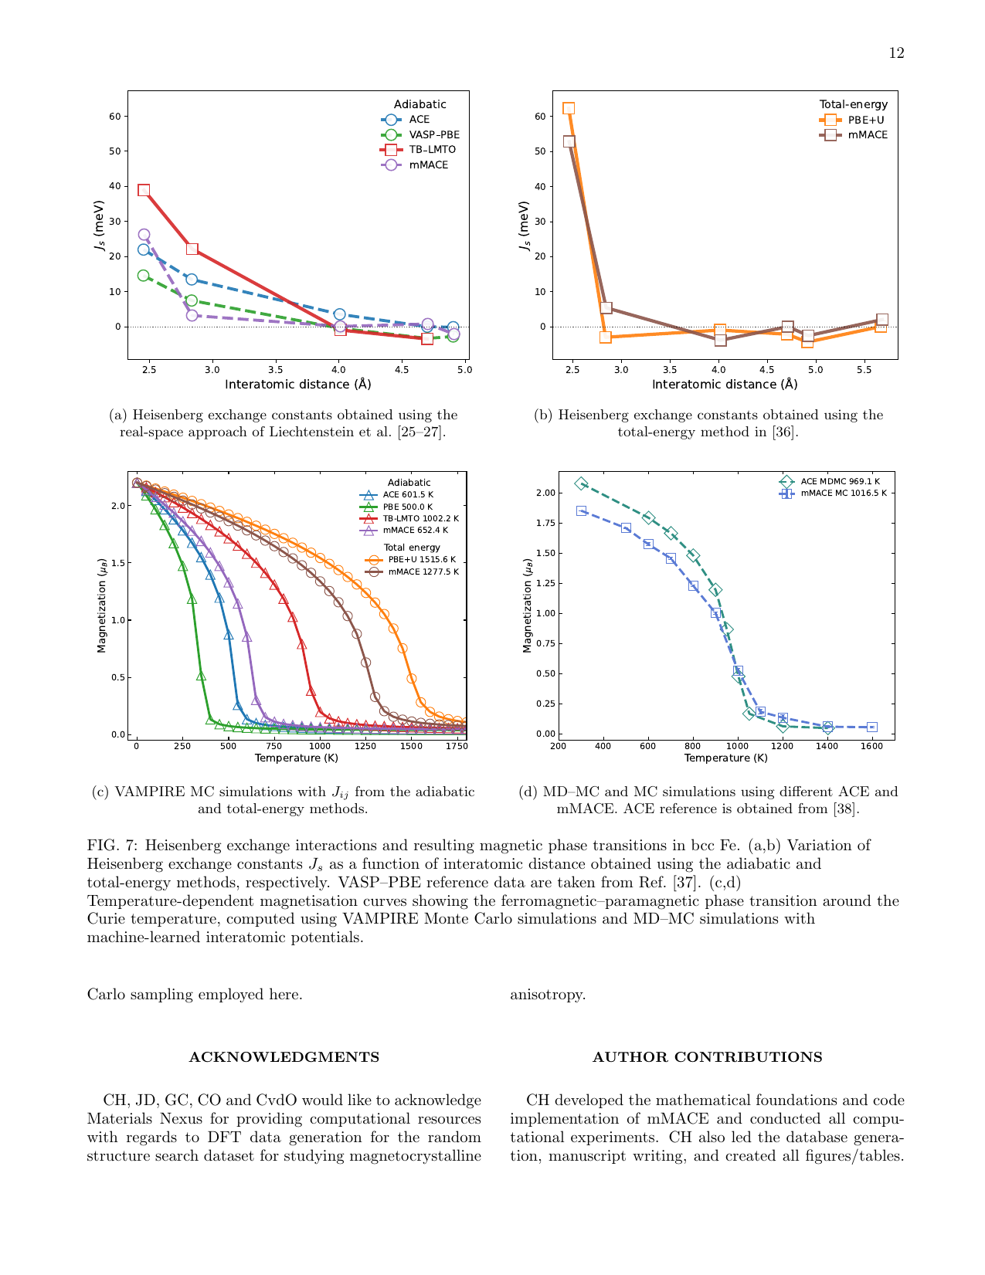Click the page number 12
click(x=896, y=53)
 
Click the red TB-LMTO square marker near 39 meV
click(x=144, y=190)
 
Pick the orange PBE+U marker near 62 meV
click(x=569, y=108)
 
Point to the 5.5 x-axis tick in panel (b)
click(x=864, y=370)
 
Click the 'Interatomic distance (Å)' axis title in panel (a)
click(x=297, y=384)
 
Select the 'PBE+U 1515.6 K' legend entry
click(x=422, y=560)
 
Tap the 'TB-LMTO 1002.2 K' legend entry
click(x=420, y=519)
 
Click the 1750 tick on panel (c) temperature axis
click(x=456, y=746)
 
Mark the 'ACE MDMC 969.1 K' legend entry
click(x=840, y=481)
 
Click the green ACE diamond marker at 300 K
click(x=581, y=483)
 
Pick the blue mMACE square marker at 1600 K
click(x=872, y=727)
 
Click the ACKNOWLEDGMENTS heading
click(x=284, y=1057)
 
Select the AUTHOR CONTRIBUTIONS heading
click(x=707, y=1057)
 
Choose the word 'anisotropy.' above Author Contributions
click(x=548, y=995)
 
